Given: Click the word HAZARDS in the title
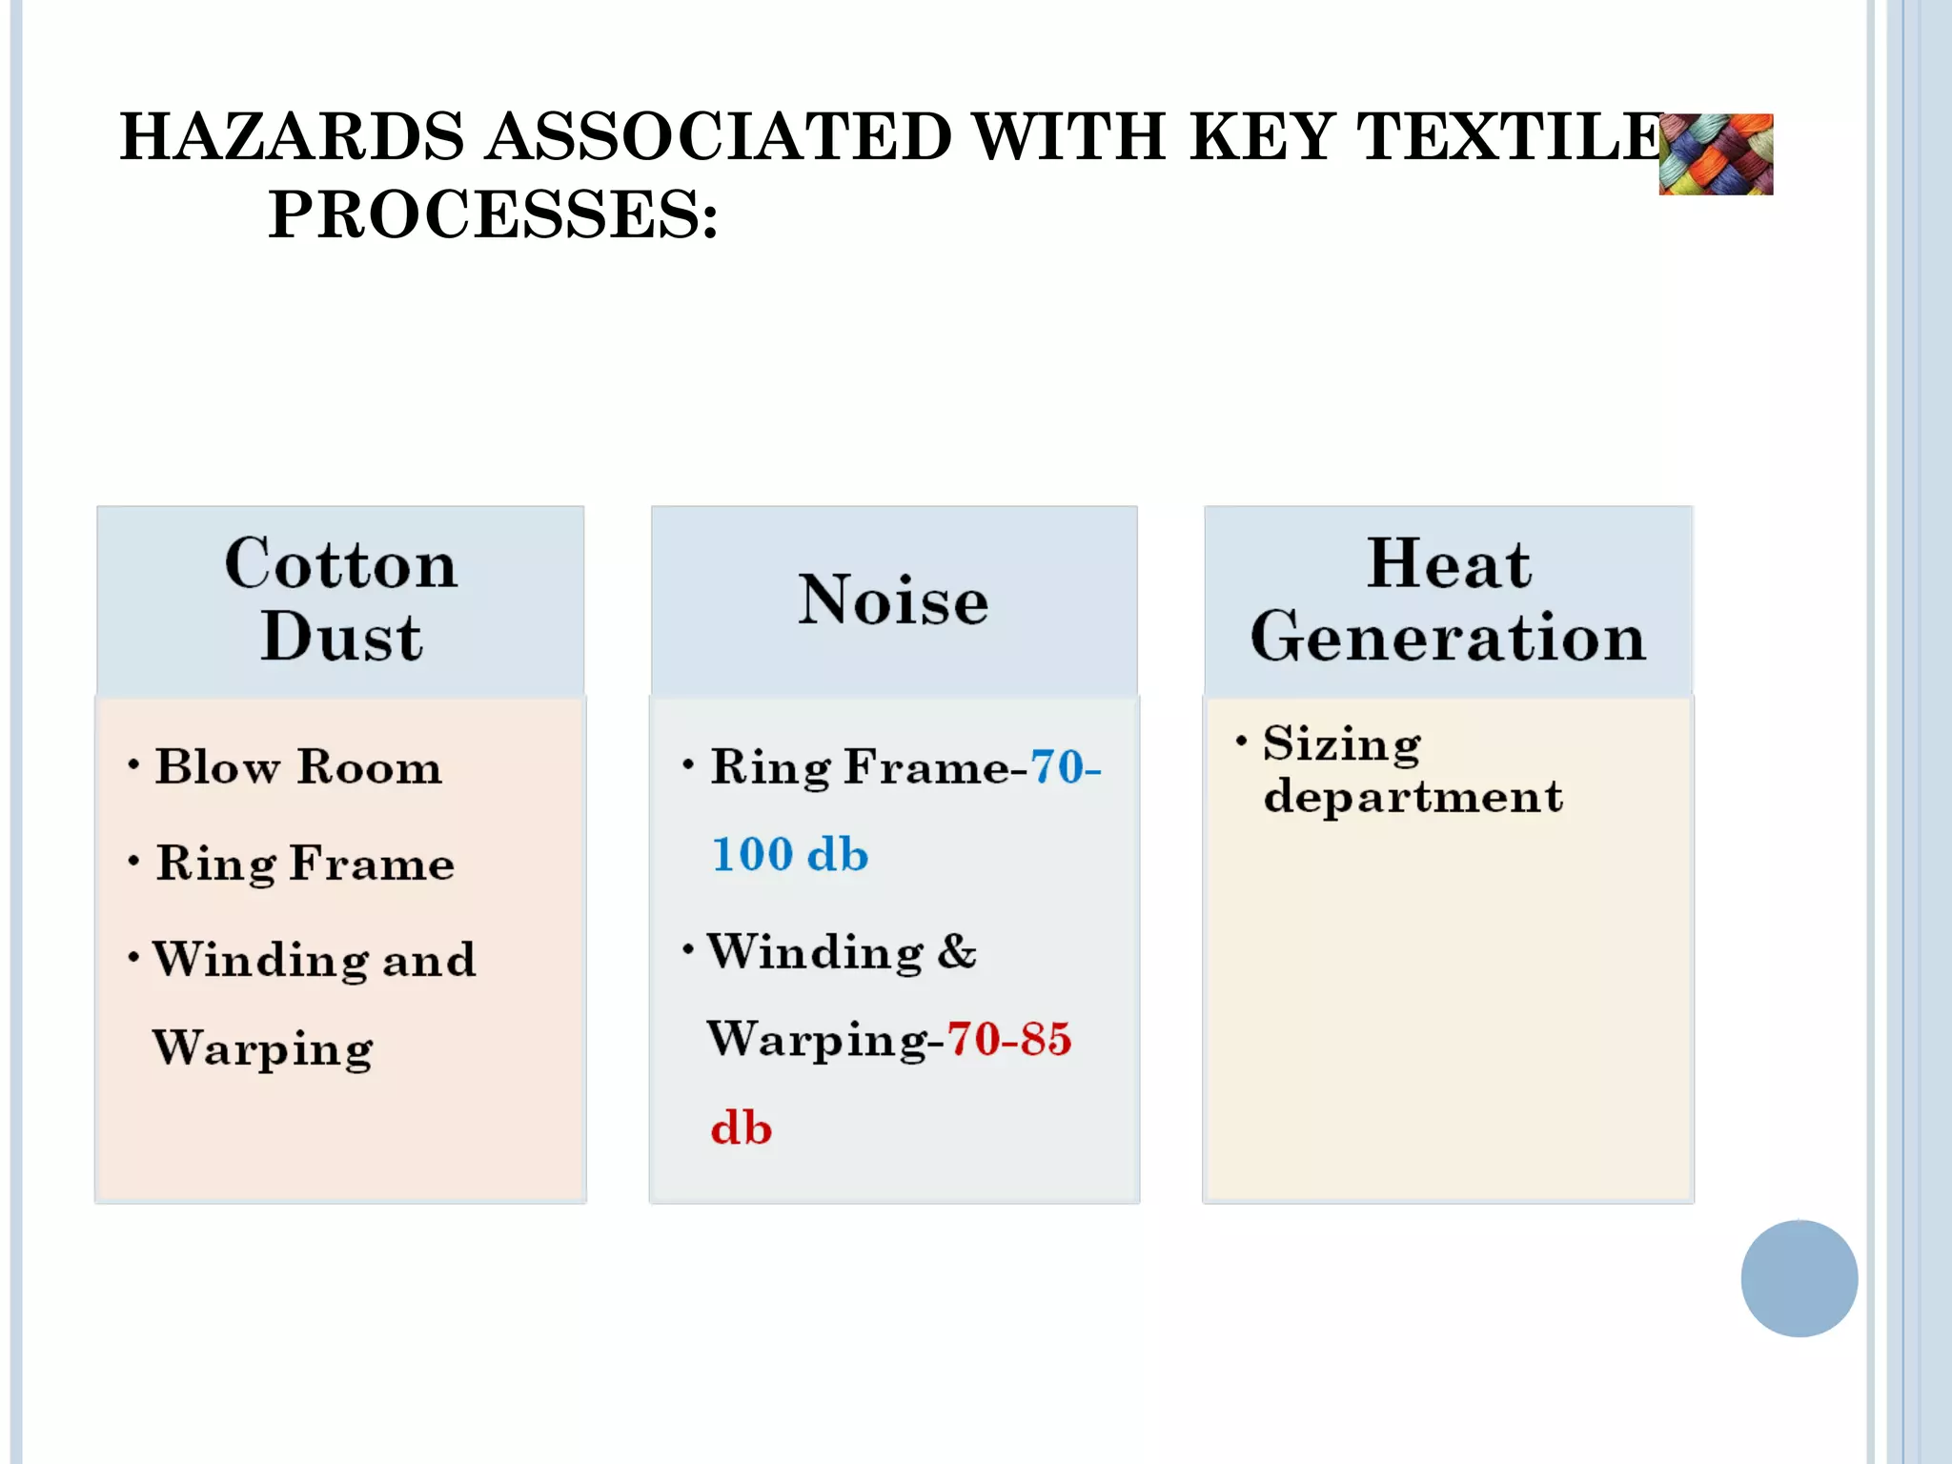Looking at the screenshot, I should coord(292,136).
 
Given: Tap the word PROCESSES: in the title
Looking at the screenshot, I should coord(492,214).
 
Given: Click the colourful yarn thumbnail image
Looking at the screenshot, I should coord(1716,154).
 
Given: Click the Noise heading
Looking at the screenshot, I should coord(893,600).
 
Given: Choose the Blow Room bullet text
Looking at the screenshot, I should coord(298,766).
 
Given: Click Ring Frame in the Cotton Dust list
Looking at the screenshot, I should coord(305,864).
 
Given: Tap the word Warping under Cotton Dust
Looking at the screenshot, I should coord(263,1048).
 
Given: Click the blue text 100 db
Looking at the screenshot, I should coord(790,854).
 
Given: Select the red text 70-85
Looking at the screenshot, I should coord(1008,1039).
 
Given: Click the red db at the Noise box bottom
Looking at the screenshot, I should coord(741,1128).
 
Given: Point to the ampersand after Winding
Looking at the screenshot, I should coord(956,951).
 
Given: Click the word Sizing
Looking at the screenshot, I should coord(1341,743).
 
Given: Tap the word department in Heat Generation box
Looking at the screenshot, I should coord(1413,797).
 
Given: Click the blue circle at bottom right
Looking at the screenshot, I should coord(1799,1278).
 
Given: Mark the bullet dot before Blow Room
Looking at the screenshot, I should coord(133,764).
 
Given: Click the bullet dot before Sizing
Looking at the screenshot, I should coord(1241,741).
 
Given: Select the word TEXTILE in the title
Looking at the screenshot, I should coord(1510,136).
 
